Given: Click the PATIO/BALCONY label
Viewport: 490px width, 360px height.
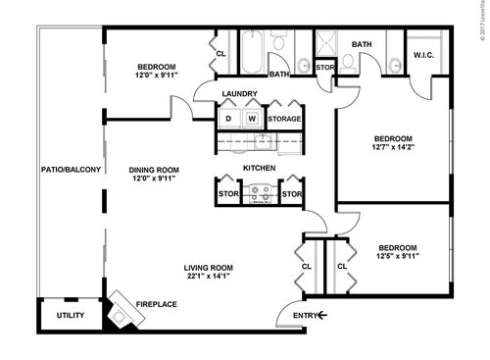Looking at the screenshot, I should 71,171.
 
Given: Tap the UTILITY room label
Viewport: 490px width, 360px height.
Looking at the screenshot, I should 70,316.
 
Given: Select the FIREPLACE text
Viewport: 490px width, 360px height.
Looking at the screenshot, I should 156,304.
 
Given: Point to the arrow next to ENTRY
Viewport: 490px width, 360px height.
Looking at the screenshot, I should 320,315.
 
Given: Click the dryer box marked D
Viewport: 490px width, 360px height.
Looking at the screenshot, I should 228,119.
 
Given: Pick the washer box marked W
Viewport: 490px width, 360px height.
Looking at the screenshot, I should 251,119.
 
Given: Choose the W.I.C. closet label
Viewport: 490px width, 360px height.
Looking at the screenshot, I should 425,54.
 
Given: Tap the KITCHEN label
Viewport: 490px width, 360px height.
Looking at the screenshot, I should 259,169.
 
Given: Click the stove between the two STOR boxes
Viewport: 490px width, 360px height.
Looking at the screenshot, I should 260,194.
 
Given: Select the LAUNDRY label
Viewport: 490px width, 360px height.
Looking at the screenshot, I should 240,94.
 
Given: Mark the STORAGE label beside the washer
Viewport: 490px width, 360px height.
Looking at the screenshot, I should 285,119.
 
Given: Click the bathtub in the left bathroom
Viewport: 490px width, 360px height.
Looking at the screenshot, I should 252,53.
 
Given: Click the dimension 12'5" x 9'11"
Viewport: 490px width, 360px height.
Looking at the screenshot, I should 398,258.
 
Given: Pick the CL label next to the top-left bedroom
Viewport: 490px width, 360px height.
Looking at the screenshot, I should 220,54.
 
